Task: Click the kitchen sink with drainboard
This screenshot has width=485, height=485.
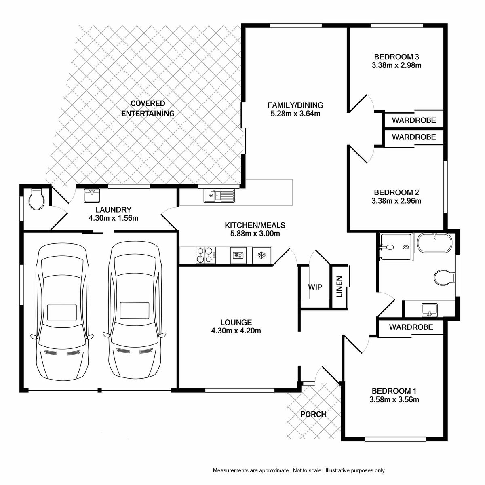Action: (219, 196)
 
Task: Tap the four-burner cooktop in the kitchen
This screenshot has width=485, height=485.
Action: (206, 255)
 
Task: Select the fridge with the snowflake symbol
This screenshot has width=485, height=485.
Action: (262, 255)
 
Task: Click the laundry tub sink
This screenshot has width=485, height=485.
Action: (92, 196)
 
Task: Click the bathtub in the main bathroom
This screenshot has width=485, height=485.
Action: (434, 243)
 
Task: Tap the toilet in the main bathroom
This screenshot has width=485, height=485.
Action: (445, 277)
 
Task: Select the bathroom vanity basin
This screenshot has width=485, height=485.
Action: (430, 309)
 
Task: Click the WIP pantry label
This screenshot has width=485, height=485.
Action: (315, 287)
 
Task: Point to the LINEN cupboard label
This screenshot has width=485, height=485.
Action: (339, 287)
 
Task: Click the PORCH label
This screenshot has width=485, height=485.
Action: (313, 414)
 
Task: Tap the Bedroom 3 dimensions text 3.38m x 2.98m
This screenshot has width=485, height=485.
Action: (396, 65)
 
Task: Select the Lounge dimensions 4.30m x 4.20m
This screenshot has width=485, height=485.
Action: (236, 331)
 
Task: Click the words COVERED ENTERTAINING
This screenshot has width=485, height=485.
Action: (148, 108)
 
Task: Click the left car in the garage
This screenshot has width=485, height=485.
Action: (62, 312)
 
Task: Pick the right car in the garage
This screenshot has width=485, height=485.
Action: (135, 310)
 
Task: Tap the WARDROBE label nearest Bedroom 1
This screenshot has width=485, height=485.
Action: (411, 327)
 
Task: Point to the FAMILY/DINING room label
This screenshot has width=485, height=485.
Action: (295, 105)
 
